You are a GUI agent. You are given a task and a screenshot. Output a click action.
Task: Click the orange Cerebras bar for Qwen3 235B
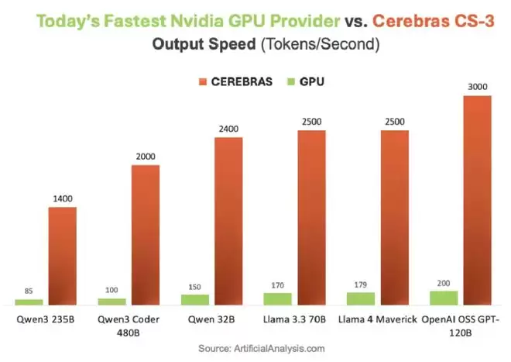tap(63, 255)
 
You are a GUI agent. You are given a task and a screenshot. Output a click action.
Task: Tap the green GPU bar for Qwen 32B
tap(195, 298)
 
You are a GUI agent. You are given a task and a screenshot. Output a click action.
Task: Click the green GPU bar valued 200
tap(444, 297)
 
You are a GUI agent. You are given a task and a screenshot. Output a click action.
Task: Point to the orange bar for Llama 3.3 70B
tap(311, 217)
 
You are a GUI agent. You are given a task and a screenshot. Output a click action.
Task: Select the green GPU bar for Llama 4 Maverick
tap(361, 298)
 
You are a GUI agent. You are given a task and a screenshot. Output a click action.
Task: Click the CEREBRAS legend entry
tap(241, 81)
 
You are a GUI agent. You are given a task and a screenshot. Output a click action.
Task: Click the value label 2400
tap(228, 130)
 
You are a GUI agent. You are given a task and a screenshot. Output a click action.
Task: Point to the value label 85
tap(29, 292)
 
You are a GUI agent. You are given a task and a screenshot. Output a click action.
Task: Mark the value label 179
tap(361, 285)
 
